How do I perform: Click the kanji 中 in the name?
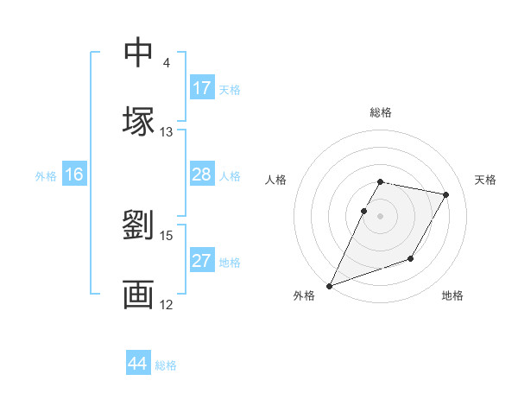[x=138, y=52]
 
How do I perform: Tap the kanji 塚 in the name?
[x=138, y=120]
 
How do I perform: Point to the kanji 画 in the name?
[x=138, y=294]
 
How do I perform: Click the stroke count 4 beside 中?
[x=166, y=63]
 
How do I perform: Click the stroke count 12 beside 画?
[x=166, y=304]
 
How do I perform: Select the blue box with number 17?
[x=202, y=88]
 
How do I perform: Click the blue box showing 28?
[x=202, y=174]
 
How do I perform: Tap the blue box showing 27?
[x=202, y=261]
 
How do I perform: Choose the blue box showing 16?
[x=74, y=174]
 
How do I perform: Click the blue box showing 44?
[x=138, y=364]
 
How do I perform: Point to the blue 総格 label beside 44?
[x=166, y=365]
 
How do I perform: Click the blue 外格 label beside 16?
[x=46, y=176]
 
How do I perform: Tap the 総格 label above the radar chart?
[x=380, y=112]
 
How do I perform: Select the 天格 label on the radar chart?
[x=485, y=180]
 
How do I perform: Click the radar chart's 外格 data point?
[x=329, y=286]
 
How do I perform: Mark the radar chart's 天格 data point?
[x=446, y=195]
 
